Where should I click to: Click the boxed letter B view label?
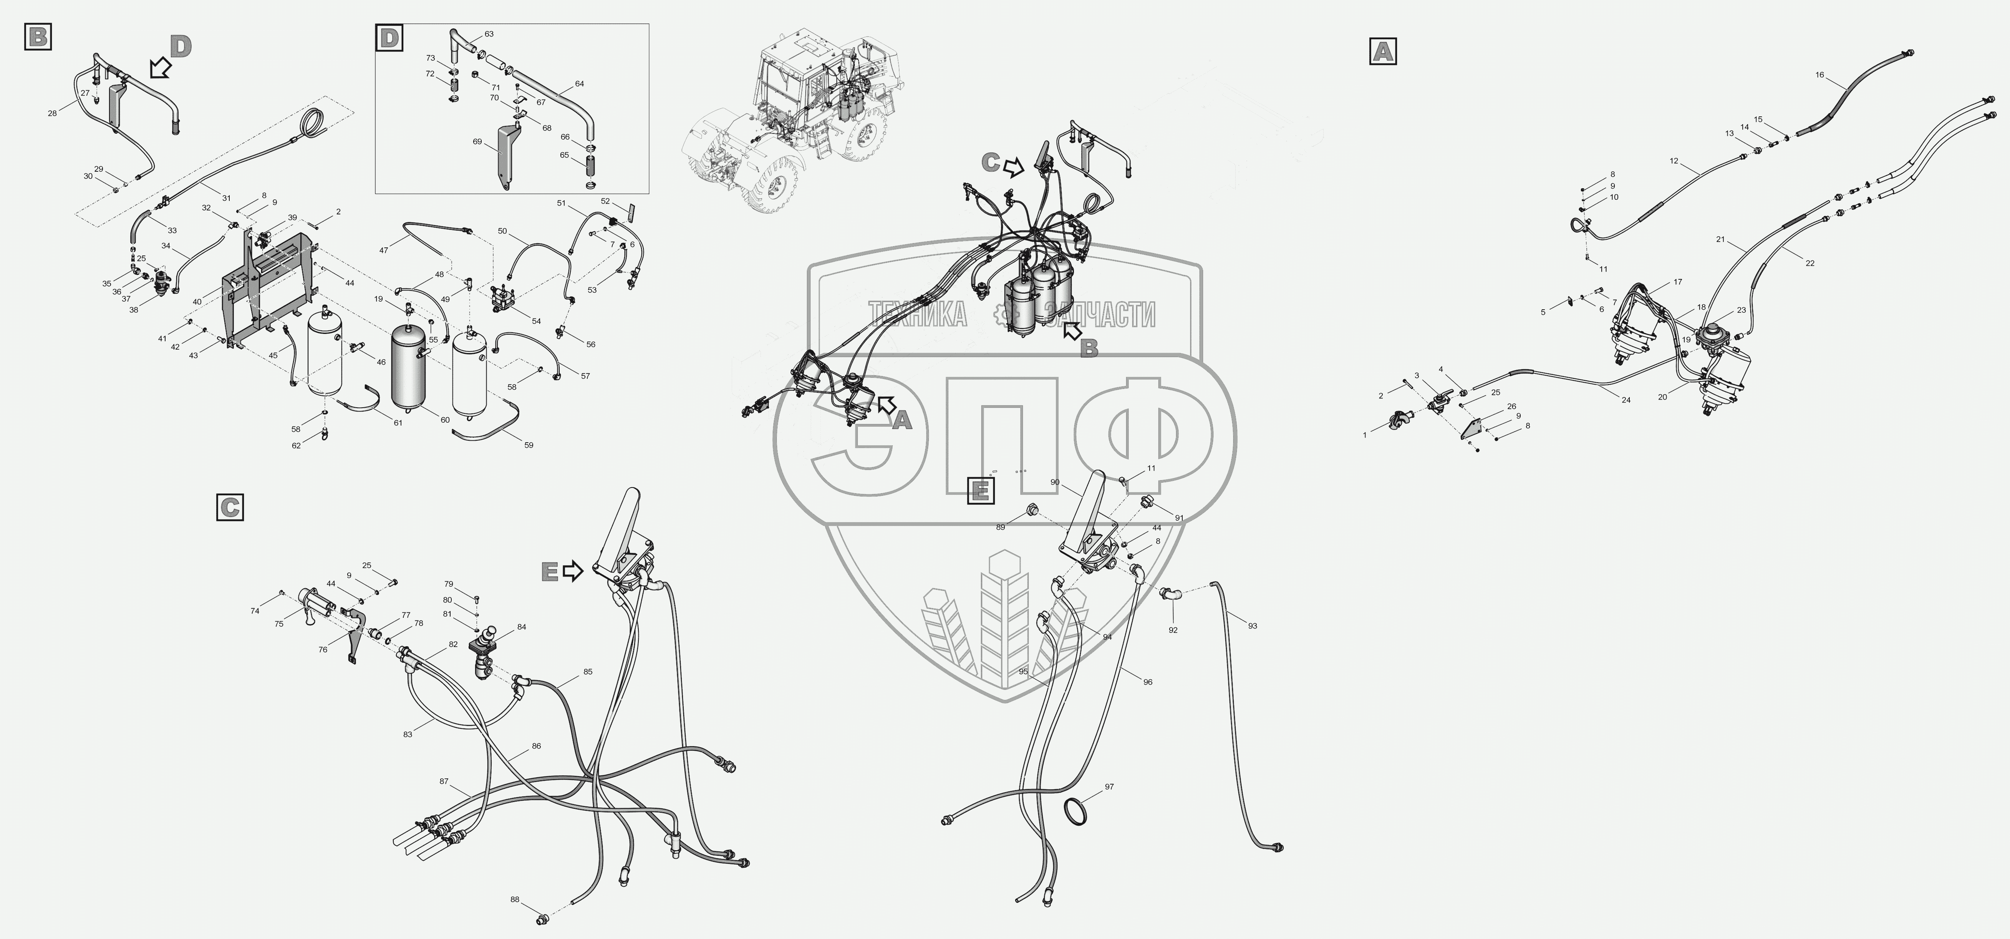pyautogui.click(x=38, y=36)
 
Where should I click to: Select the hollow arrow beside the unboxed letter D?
pyautogui.click(x=160, y=69)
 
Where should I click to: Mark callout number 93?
pyautogui.click(x=1252, y=626)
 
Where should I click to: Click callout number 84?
pyautogui.click(x=521, y=627)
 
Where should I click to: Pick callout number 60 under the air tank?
pyautogui.click(x=445, y=420)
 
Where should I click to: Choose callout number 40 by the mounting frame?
pyautogui.click(x=197, y=301)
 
